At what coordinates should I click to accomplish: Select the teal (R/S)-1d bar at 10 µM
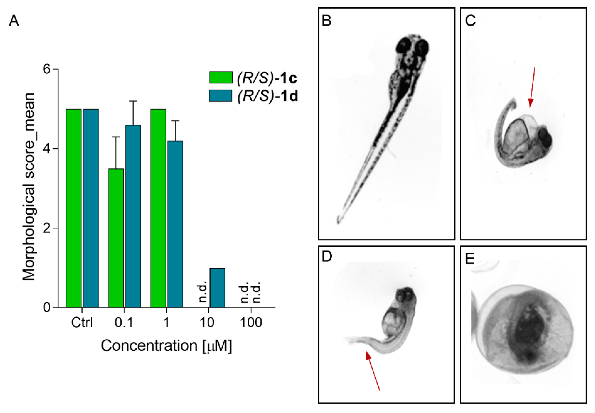click(x=217, y=287)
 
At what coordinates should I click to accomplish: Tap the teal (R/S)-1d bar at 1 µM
click(x=175, y=224)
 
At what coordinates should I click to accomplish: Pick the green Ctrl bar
click(x=74, y=208)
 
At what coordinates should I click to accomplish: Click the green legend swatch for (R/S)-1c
click(x=221, y=77)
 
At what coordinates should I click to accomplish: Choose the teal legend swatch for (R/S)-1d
click(x=220, y=96)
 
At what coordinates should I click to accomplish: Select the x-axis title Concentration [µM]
click(x=166, y=346)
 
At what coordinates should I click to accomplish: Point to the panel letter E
click(x=470, y=258)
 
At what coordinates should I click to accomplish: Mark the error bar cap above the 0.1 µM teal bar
click(x=133, y=101)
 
